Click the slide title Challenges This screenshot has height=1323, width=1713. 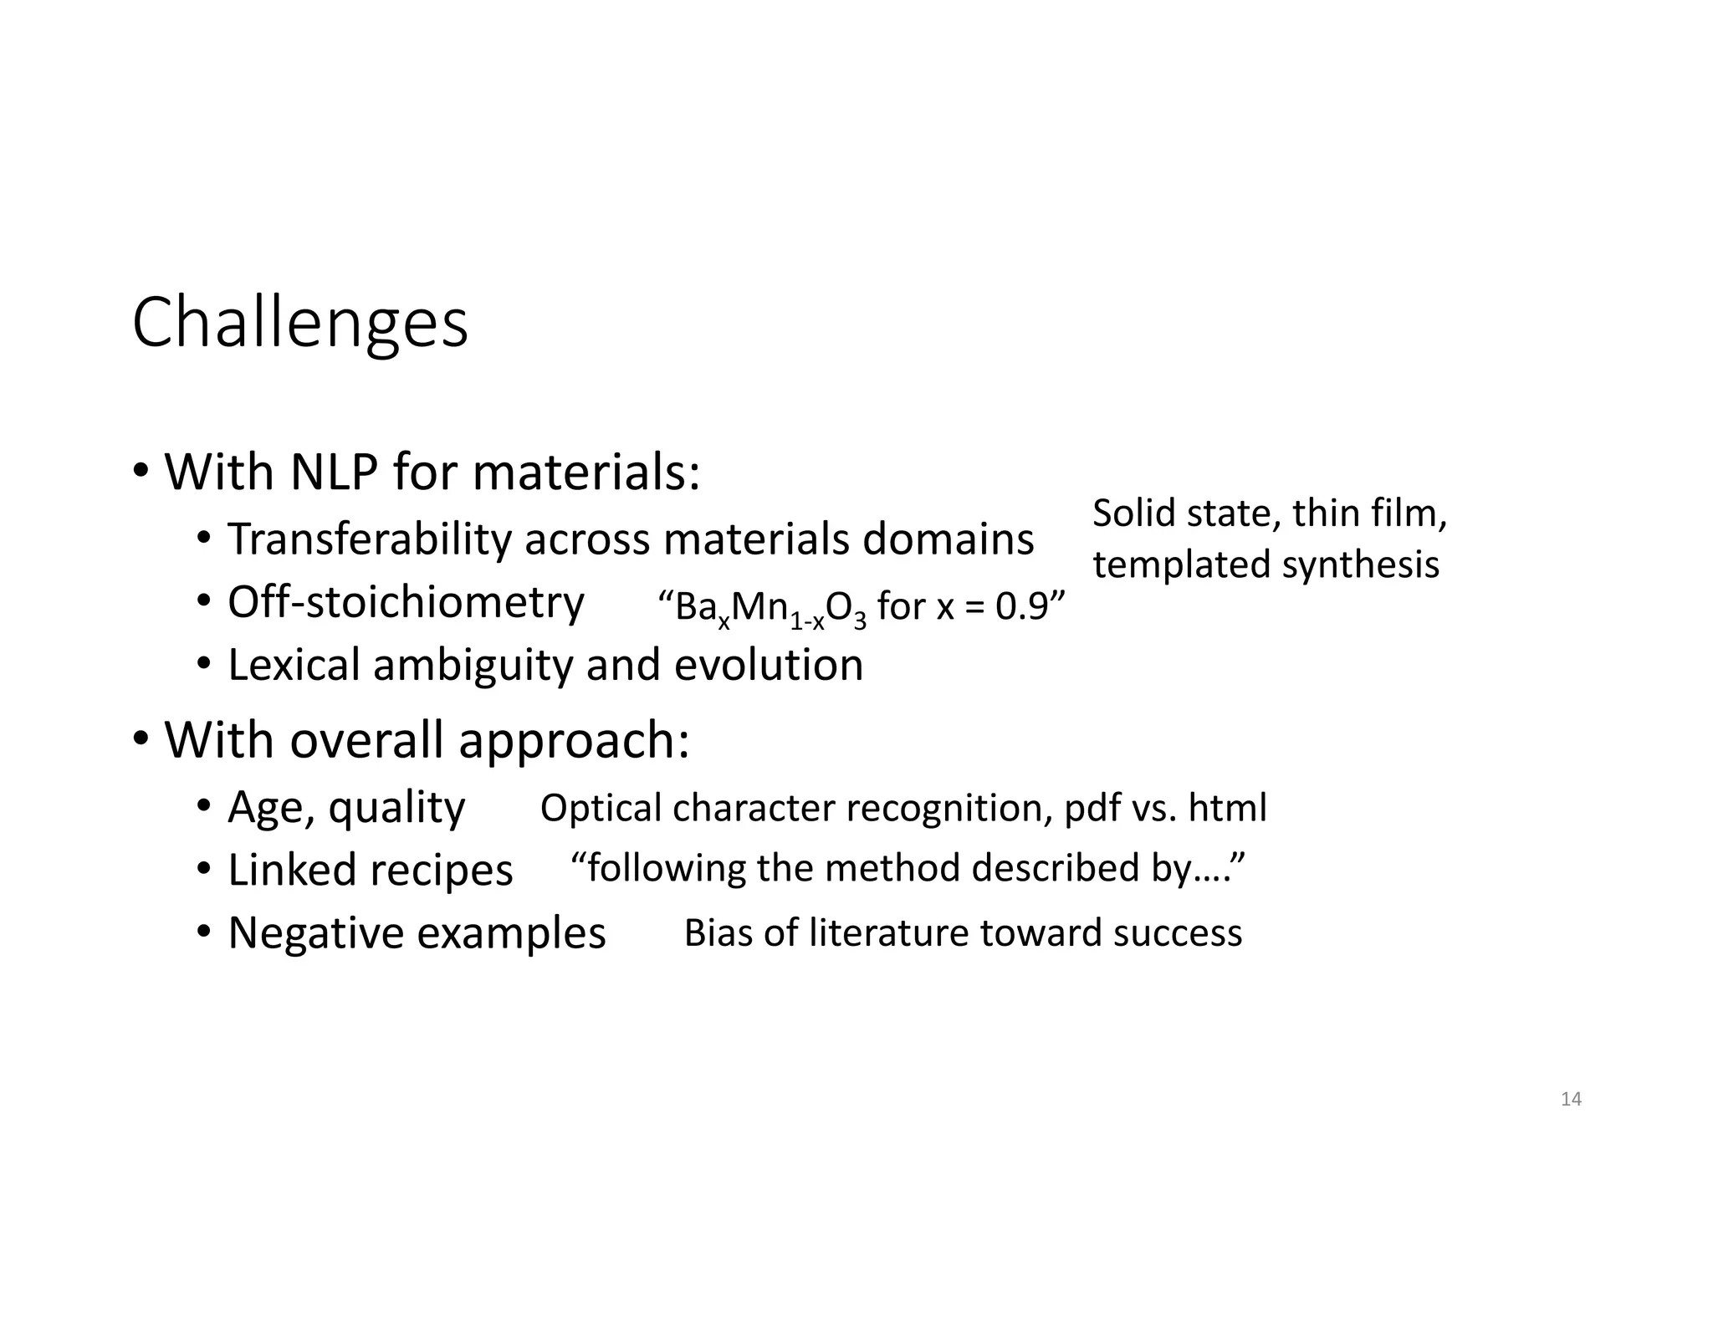click(x=299, y=324)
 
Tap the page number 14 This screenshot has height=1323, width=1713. click(x=1571, y=1100)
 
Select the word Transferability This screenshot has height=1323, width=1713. click(x=369, y=539)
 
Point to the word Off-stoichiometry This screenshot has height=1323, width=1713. click(x=406, y=602)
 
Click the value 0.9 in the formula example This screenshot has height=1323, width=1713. click(x=1021, y=606)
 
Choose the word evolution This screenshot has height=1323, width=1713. click(x=769, y=666)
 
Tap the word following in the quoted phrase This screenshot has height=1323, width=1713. click(x=666, y=869)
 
